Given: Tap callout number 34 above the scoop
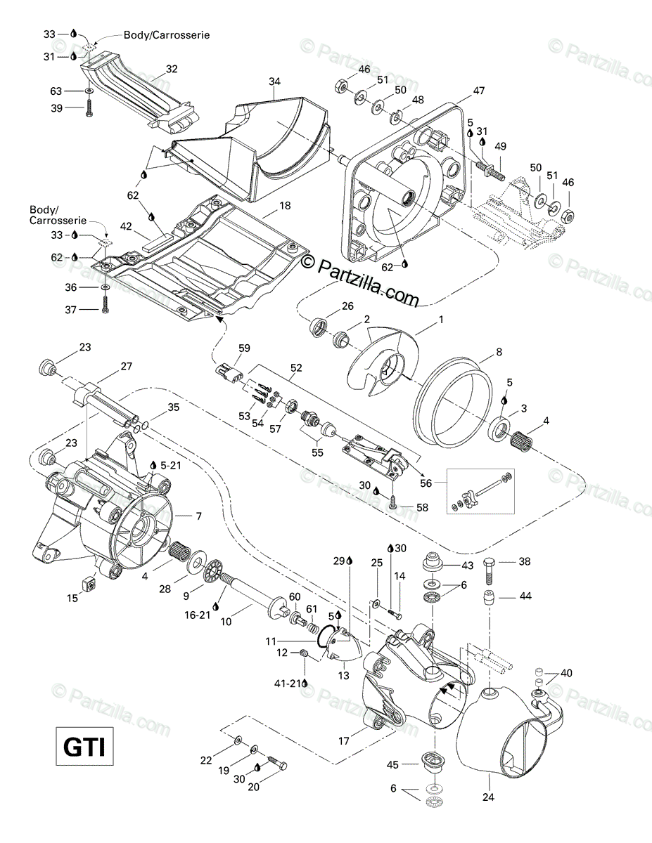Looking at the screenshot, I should tap(274, 82).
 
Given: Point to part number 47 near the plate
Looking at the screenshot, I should tap(479, 91).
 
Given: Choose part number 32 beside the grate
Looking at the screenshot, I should tap(172, 69).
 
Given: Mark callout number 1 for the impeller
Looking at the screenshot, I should tap(441, 320).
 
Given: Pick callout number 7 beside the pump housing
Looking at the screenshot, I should tap(198, 516).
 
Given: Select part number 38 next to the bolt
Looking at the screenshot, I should tap(525, 561).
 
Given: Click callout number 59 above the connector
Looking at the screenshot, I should tap(244, 347).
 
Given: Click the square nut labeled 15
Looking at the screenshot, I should tap(90, 583).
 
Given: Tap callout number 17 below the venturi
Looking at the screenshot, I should tap(344, 740).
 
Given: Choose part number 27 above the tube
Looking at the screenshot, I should tap(127, 365).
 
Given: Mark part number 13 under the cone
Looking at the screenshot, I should tap(344, 675).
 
